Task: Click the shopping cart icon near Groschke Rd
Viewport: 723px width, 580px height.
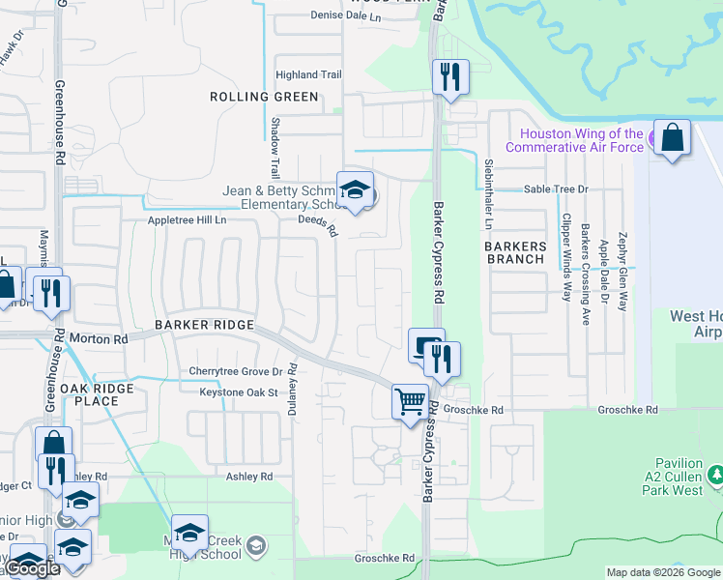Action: tap(410, 401)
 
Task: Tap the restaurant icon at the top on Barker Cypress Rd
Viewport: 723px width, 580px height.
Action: tap(449, 76)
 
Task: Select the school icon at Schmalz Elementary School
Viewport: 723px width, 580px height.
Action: tap(355, 189)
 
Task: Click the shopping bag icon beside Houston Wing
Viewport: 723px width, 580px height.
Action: tap(672, 136)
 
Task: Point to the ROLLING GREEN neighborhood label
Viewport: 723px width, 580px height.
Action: tap(264, 97)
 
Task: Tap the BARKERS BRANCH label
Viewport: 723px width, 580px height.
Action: tap(515, 253)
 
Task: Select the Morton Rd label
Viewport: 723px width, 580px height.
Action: tap(99, 339)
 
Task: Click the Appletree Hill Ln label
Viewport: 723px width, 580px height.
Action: tap(187, 220)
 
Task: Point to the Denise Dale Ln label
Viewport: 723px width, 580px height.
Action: tap(346, 15)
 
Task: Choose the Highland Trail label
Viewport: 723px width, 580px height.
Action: tap(309, 74)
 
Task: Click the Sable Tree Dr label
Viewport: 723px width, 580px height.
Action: tap(556, 189)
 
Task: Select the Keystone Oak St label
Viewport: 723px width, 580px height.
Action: tap(238, 392)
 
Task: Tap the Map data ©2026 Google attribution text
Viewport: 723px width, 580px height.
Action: tap(662, 572)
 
